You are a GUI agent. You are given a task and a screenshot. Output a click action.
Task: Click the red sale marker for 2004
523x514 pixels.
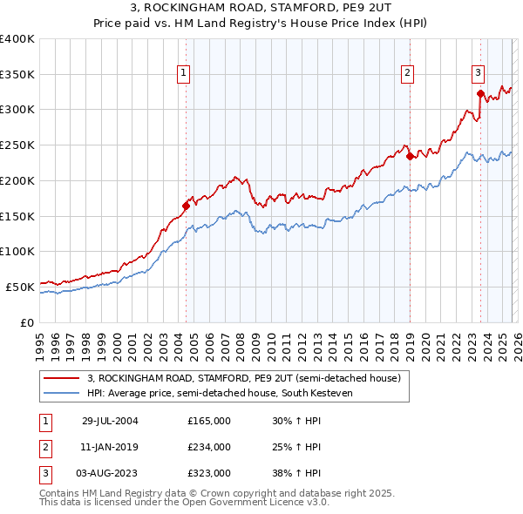[x=186, y=206]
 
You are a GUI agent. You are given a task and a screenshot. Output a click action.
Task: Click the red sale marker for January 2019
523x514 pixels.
[x=410, y=157]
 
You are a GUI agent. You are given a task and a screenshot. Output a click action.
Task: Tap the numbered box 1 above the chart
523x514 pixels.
[x=185, y=74]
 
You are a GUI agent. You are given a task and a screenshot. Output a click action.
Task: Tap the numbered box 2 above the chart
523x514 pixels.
[x=407, y=74]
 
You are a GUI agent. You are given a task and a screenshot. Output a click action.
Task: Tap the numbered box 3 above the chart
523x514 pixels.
[x=479, y=74]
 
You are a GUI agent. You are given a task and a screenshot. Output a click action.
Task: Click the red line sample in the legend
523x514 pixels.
[x=63, y=378]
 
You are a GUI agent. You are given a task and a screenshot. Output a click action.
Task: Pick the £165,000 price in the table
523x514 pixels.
[x=209, y=421]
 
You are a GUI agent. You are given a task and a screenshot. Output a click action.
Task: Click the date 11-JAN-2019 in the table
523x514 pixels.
[x=109, y=447]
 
